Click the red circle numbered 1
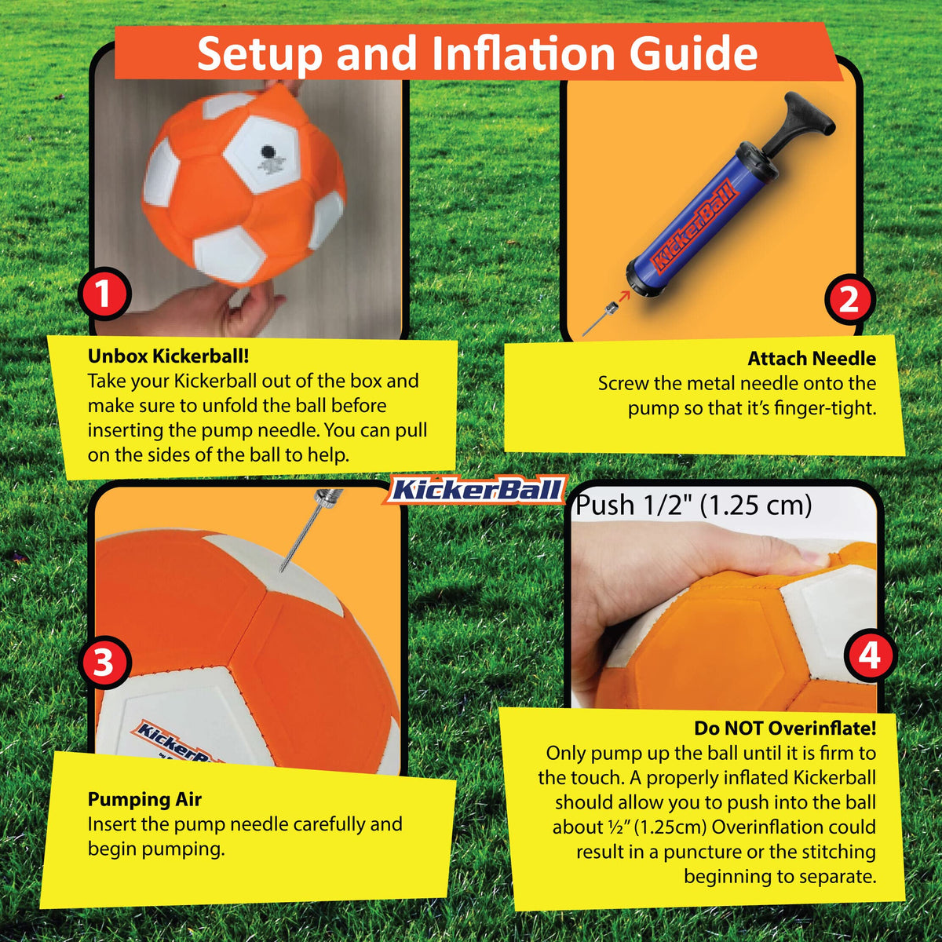pyautogui.click(x=104, y=294)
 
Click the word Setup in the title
pyautogui.click(x=259, y=55)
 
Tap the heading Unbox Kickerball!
pyautogui.click(x=168, y=356)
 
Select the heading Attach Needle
pyautogui.click(x=812, y=358)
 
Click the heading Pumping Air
pyautogui.click(x=144, y=799)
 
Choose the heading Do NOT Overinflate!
pyautogui.click(x=785, y=728)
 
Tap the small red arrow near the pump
pyautogui.click(x=624, y=296)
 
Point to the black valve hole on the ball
pyautogui.click(x=267, y=151)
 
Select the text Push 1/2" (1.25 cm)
pyautogui.click(x=694, y=505)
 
